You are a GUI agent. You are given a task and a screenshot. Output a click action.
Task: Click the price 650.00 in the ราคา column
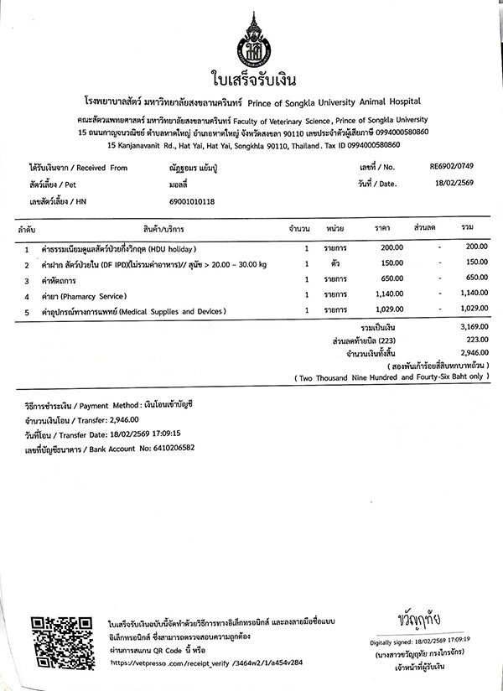(391, 278)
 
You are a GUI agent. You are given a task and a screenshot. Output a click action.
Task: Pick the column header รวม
(468, 227)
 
